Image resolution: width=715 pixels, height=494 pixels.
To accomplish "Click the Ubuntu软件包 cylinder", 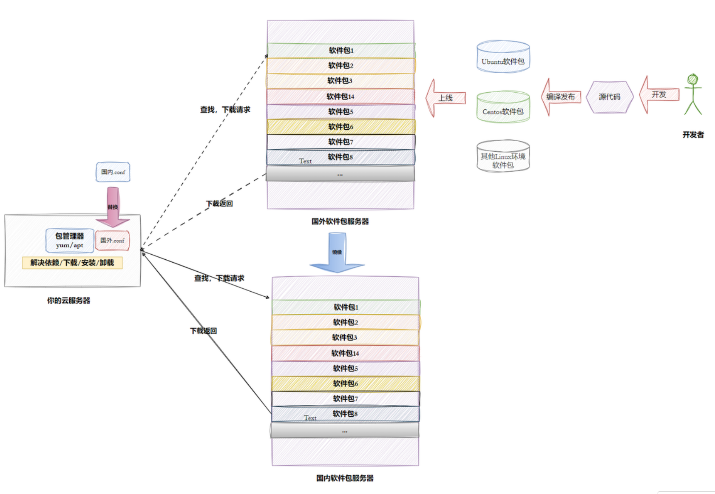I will (x=503, y=57).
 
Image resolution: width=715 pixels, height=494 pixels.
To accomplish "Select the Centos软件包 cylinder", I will (x=503, y=108).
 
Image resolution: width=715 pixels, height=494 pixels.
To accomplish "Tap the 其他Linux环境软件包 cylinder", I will (x=503, y=157).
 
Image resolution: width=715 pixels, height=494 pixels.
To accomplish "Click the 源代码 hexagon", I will (x=609, y=97).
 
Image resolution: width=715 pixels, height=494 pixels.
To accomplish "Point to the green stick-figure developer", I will (x=693, y=94).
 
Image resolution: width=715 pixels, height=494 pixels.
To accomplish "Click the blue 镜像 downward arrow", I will (x=337, y=253).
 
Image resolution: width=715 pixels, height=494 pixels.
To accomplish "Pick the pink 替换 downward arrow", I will (x=113, y=207).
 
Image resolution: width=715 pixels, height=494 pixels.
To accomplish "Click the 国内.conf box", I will (x=113, y=172).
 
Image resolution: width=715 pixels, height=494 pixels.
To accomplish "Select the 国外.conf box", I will (x=112, y=241).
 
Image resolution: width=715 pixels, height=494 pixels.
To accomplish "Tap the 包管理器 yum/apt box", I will (x=69, y=240).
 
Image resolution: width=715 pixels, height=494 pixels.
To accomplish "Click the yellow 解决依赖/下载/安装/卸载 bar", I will (x=72, y=263).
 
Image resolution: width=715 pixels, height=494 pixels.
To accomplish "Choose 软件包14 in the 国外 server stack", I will (x=340, y=97).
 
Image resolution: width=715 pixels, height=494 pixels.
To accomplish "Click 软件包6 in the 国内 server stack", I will (x=345, y=383).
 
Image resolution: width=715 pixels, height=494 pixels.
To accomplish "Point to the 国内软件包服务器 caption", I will (x=345, y=478).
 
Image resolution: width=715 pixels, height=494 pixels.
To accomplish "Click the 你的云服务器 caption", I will (x=68, y=301).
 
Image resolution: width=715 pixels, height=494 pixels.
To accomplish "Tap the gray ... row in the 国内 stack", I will (x=345, y=431).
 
